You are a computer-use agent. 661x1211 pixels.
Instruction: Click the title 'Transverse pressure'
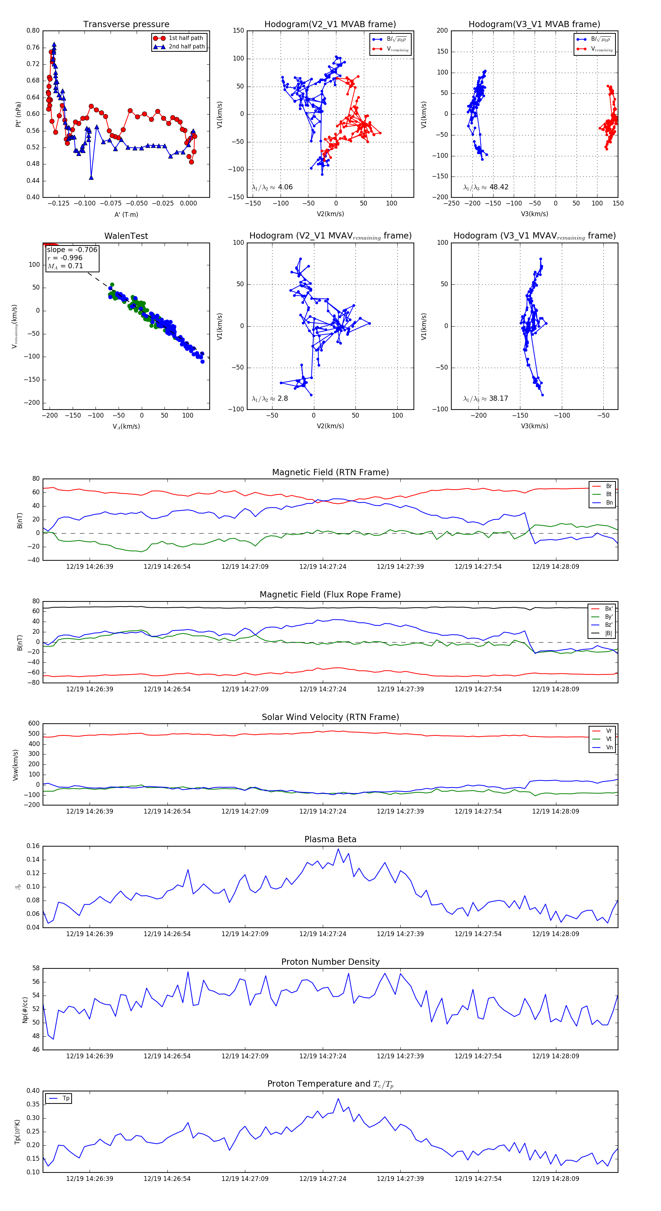point(126,25)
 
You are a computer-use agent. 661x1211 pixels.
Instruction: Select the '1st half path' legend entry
point(185,38)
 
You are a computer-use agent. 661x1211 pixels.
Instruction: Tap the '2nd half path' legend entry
point(186,47)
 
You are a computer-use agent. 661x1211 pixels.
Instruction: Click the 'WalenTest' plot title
point(126,236)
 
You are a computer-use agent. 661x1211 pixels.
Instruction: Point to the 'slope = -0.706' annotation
point(72,250)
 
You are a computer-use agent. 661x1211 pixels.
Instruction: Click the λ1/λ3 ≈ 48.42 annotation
point(485,187)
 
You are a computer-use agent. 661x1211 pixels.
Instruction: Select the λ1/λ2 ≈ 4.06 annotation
point(272,187)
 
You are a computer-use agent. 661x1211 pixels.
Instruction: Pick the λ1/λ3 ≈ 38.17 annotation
point(485,399)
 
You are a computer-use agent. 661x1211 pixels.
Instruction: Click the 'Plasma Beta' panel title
point(330,839)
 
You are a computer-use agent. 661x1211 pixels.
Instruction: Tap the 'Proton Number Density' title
point(330,961)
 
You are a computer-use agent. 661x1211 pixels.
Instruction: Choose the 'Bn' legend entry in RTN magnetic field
point(609,502)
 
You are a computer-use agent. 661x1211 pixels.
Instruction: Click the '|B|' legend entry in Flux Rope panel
point(608,633)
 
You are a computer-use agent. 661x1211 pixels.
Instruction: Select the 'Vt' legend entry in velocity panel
point(609,739)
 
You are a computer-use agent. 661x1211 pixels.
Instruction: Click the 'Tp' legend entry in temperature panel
point(66,1098)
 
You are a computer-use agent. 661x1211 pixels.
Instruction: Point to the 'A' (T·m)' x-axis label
point(126,214)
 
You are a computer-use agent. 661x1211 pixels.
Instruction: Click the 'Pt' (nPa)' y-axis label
point(18,114)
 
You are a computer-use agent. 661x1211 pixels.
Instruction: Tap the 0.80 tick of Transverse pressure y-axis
point(33,30)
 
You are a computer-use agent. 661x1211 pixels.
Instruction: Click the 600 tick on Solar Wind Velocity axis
point(34,724)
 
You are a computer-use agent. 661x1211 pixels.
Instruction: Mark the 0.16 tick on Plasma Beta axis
point(33,846)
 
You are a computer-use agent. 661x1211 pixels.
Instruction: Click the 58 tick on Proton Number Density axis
point(36,968)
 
